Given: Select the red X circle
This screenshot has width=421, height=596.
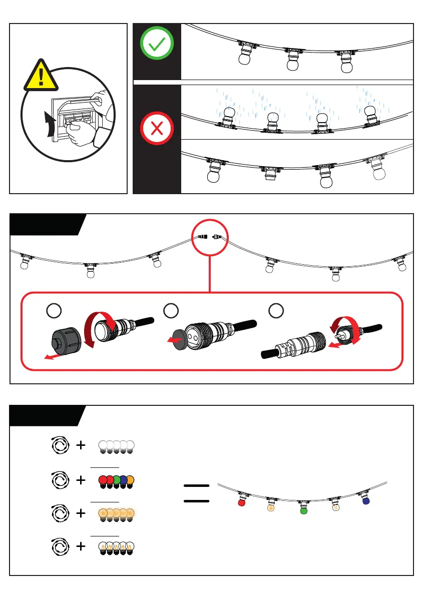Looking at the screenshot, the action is pos(156,129).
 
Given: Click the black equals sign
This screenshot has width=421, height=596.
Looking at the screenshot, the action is pos(196,493).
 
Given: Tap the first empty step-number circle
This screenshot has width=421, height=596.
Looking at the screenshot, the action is pos(54,311).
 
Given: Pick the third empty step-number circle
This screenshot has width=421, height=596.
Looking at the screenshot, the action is pos(275,311).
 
